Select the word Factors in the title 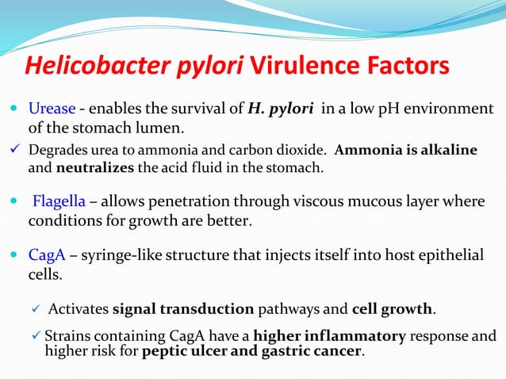coord(411,65)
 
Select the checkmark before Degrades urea coord(17,149)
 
